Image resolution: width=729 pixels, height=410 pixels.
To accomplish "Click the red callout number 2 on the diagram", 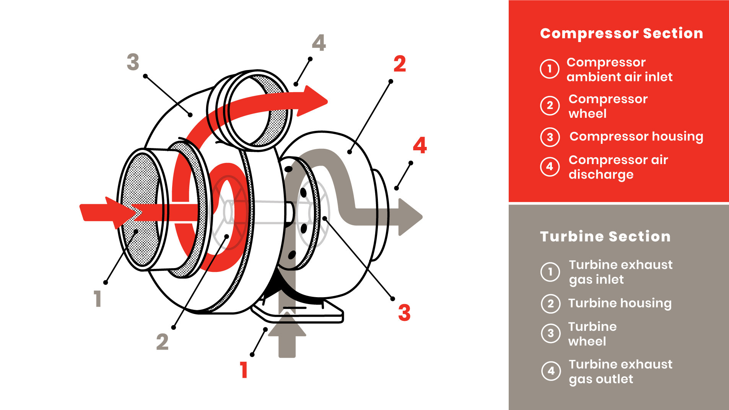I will pos(400,64).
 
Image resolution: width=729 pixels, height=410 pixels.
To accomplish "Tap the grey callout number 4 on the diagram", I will pos(319,43).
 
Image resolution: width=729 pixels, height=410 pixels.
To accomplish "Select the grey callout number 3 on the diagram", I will pos(133,62).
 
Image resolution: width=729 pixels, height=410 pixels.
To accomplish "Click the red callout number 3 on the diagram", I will pos(404,312).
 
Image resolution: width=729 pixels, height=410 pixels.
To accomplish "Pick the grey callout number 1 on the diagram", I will pos(98,298).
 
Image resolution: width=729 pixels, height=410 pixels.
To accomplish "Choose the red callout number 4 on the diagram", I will pos(420,145).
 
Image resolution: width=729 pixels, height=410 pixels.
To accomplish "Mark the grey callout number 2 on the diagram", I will pos(162,342).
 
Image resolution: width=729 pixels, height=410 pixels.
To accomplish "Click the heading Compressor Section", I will pos(622,34).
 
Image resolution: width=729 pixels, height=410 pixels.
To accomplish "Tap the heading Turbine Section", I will pos(605,236).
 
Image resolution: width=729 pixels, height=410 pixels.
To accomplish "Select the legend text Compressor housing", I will pos(636,137).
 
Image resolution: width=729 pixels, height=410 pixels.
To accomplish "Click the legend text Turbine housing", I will pos(620,303).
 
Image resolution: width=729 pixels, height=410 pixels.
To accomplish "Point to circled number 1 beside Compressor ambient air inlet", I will pos(550,69).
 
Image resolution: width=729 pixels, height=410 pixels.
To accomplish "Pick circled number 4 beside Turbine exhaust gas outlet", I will pos(551,371).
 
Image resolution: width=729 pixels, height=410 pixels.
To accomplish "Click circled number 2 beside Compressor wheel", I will pos(550,106).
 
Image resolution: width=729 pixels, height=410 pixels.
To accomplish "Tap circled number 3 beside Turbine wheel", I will pos(551,333).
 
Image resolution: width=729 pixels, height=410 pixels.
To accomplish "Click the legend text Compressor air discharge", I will pos(618,167).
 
